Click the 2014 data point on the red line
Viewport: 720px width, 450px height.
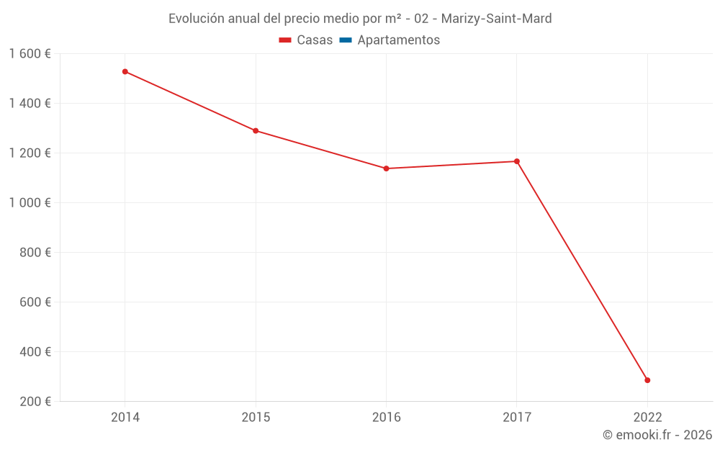click(x=125, y=72)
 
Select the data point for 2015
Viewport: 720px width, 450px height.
click(x=256, y=131)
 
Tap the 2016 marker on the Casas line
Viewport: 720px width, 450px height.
click(x=386, y=168)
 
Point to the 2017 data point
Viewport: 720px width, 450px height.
click(x=517, y=161)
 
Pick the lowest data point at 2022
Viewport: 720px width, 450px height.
click(x=647, y=380)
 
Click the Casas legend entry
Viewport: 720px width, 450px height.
click(x=306, y=40)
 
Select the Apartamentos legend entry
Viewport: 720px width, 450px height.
click(x=390, y=40)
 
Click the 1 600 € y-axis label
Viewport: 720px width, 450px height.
click(x=30, y=54)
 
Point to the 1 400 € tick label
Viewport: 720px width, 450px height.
click(x=30, y=104)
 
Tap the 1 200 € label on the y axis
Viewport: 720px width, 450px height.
click(x=30, y=153)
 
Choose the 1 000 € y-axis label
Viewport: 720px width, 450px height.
click(x=30, y=203)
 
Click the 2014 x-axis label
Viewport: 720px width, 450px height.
click(x=125, y=418)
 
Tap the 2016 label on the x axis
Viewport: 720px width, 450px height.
click(x=386, y=418)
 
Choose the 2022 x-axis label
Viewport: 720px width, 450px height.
click(x=647, y=418)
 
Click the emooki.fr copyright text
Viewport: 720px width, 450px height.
click(x=657, y=435)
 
